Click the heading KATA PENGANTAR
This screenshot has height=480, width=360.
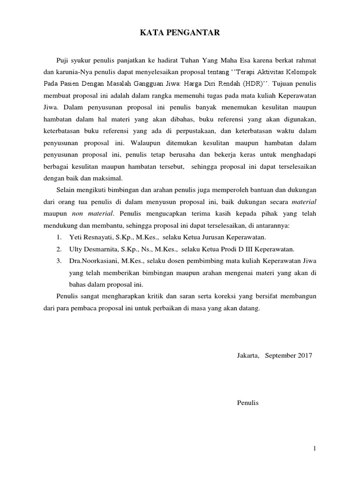coord(180,33)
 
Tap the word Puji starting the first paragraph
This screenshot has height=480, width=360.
coord(63,60)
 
